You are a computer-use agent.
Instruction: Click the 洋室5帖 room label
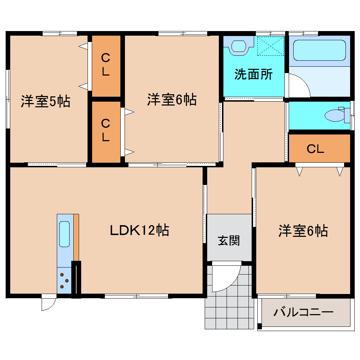(45, 102)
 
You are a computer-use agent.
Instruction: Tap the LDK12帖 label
(139, 230)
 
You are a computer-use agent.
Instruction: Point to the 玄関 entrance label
(229, 240)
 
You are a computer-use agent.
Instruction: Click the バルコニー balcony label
(303, 312)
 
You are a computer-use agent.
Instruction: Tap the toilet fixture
(335, 115)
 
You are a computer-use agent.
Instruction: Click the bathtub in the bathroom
(319, 50)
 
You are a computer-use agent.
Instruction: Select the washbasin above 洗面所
(239, 47)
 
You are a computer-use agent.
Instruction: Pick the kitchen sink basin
(64, 234)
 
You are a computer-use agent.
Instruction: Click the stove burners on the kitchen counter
(64, 281)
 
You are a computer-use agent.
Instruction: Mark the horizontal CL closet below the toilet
(315, 149)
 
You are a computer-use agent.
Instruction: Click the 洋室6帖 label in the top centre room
(172, 100)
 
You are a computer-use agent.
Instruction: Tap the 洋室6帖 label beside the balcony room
(303, 231)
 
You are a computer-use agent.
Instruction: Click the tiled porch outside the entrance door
(229, 311)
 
